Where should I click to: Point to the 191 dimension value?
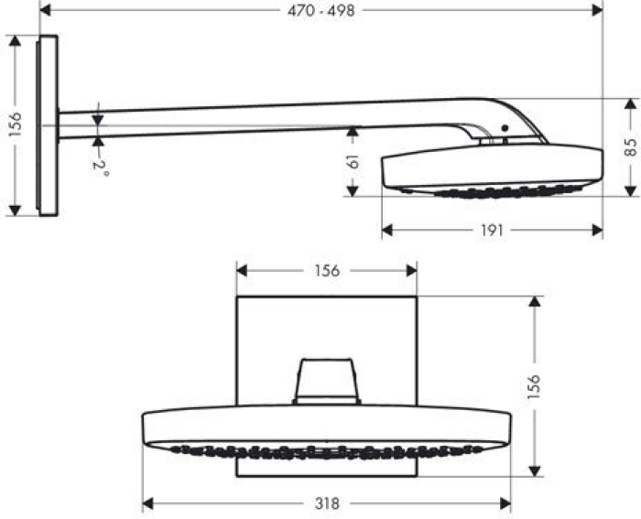[x=492, y=230]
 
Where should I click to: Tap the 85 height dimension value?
[x=630, y=146]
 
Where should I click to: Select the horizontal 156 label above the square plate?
[x=327, y=270]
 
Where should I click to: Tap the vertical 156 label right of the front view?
[x=535, y=385]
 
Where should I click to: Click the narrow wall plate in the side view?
[x=48, y=125]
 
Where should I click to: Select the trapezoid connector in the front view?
[x=326, y=381]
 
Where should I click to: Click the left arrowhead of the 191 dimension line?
[x=386, y=230]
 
